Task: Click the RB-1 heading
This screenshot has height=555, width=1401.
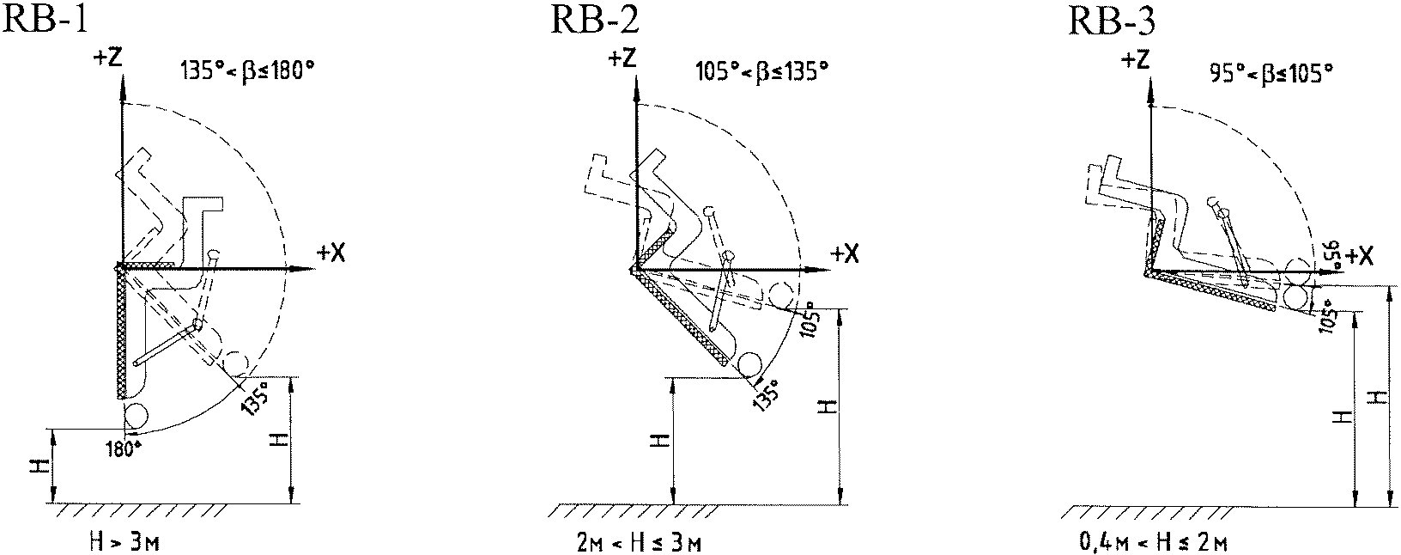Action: pos(44,20)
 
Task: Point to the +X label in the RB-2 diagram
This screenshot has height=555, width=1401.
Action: pos(845,253)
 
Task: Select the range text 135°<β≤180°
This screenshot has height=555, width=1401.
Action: pos(247,71)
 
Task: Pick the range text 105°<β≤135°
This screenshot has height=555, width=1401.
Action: pos(761,71)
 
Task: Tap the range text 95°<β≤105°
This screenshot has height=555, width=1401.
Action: pos(1271,74)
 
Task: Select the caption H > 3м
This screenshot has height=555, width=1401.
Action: pos(124,541)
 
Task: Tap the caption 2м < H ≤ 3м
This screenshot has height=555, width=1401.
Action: pos(638,542)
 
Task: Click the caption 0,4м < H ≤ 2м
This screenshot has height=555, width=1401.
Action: pos(1154,542)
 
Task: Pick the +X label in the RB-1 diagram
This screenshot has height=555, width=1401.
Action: pos(331,253)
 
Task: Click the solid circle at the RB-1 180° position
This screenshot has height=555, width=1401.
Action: pos(136,414)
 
